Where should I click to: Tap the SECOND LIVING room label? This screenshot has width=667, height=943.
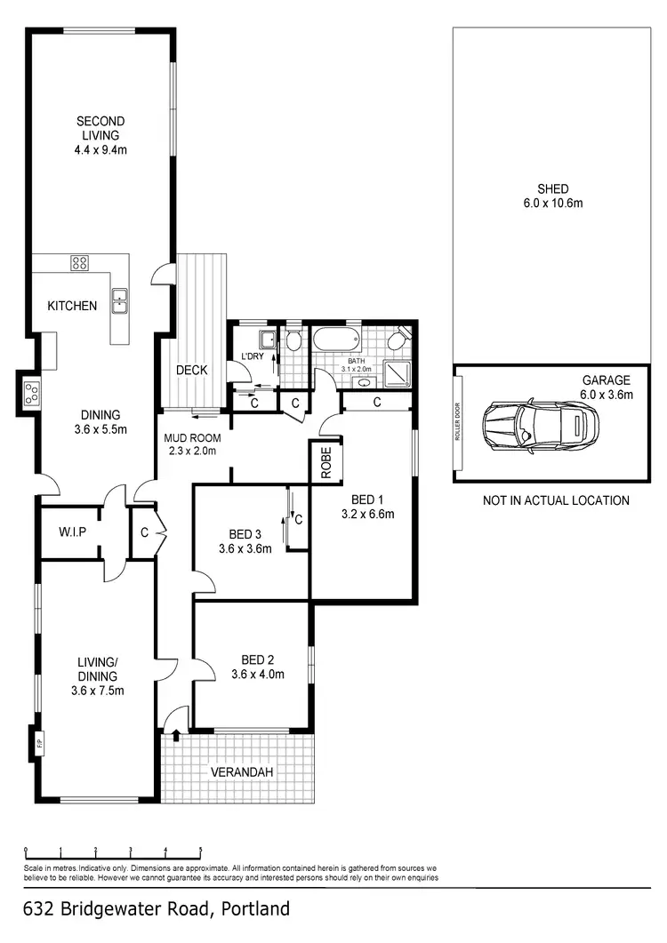tap(100, 128)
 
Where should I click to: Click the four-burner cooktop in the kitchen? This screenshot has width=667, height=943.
tap(79, 262)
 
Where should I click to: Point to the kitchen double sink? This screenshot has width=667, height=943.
tap(119, 301)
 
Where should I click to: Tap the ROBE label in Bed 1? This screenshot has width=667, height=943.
tap(325, 462)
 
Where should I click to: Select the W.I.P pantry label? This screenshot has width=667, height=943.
tap(70, 533)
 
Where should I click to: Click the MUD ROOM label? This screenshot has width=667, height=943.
tap(192, 438)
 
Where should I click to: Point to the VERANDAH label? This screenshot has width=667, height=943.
tap(240, 771)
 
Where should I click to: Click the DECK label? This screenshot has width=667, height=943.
tap(191, 371)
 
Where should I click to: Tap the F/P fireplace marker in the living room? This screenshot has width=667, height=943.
tap(39, 741)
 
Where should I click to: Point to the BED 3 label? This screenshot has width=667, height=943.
tap(245, 534)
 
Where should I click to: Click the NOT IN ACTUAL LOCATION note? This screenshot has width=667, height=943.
tap(556, 500)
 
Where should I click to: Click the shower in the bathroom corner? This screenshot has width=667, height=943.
tap(397, 373)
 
